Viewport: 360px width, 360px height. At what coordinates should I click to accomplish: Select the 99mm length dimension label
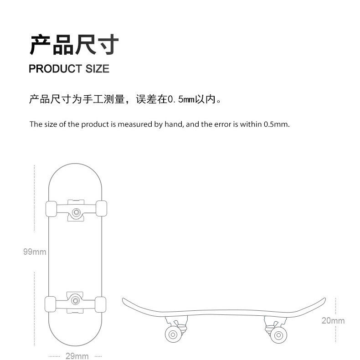coord(35,252)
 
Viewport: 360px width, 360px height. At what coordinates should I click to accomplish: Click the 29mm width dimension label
coord(77,355)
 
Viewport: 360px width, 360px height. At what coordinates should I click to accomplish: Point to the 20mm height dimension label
coord(333,320)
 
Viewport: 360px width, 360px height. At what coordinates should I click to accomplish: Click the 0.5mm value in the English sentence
coord(276,124)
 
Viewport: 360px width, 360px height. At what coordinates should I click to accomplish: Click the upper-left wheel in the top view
coord(51,209)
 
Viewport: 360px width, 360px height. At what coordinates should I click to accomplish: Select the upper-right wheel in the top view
coord(102,209)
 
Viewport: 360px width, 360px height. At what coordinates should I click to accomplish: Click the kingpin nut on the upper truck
coord(77,212)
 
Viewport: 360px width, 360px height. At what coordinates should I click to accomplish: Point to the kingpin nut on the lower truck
coord(77,298)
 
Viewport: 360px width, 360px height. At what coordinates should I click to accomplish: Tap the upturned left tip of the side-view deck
coord(125,301)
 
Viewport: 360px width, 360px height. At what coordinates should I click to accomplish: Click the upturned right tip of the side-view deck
coord(323,301)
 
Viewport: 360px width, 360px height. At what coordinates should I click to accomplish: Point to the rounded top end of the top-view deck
coord(76,165)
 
